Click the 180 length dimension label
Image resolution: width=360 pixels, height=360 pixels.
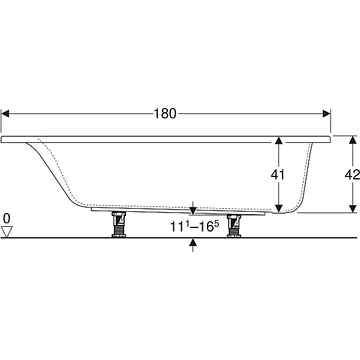[165, 113]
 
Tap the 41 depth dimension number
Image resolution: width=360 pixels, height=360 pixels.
[278, 175]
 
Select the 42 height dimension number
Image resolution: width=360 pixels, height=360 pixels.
[352, 175]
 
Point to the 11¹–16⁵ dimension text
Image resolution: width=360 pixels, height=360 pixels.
[194, 227]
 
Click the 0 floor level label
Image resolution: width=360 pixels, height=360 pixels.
[7, 218]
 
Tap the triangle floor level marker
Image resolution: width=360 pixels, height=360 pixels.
[7, 232]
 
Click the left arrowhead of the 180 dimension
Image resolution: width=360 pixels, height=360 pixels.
[5, 113]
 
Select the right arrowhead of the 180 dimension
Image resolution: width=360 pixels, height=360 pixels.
[326, 113]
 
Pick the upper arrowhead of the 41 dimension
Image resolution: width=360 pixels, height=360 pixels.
[278, 140]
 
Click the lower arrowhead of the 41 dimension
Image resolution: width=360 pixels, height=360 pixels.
[278, 208]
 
